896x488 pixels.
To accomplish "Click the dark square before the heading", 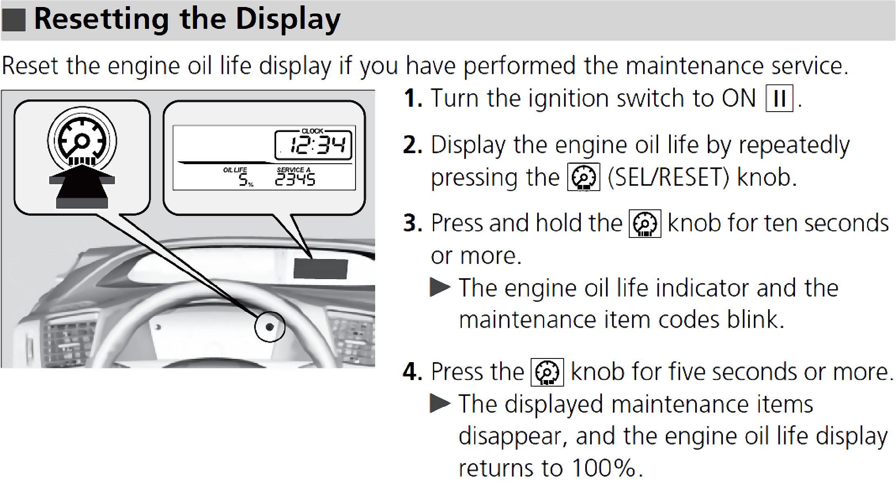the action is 14,20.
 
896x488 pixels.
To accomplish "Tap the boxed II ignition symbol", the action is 779,98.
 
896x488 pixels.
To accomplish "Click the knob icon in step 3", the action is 645,224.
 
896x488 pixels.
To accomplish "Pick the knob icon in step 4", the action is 547,372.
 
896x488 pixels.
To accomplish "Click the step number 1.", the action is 413,99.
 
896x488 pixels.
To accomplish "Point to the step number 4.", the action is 413,372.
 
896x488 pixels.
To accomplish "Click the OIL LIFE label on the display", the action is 235,170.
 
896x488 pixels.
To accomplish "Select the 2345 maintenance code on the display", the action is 295,180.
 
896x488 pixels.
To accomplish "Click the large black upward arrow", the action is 82,185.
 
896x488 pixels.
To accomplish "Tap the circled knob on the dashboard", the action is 269,326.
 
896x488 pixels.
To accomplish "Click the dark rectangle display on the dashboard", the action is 321,268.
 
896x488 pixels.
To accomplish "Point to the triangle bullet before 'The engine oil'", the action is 440,288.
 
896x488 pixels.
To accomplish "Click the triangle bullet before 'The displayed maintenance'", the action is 440,404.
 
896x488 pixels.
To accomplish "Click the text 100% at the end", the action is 603,468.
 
